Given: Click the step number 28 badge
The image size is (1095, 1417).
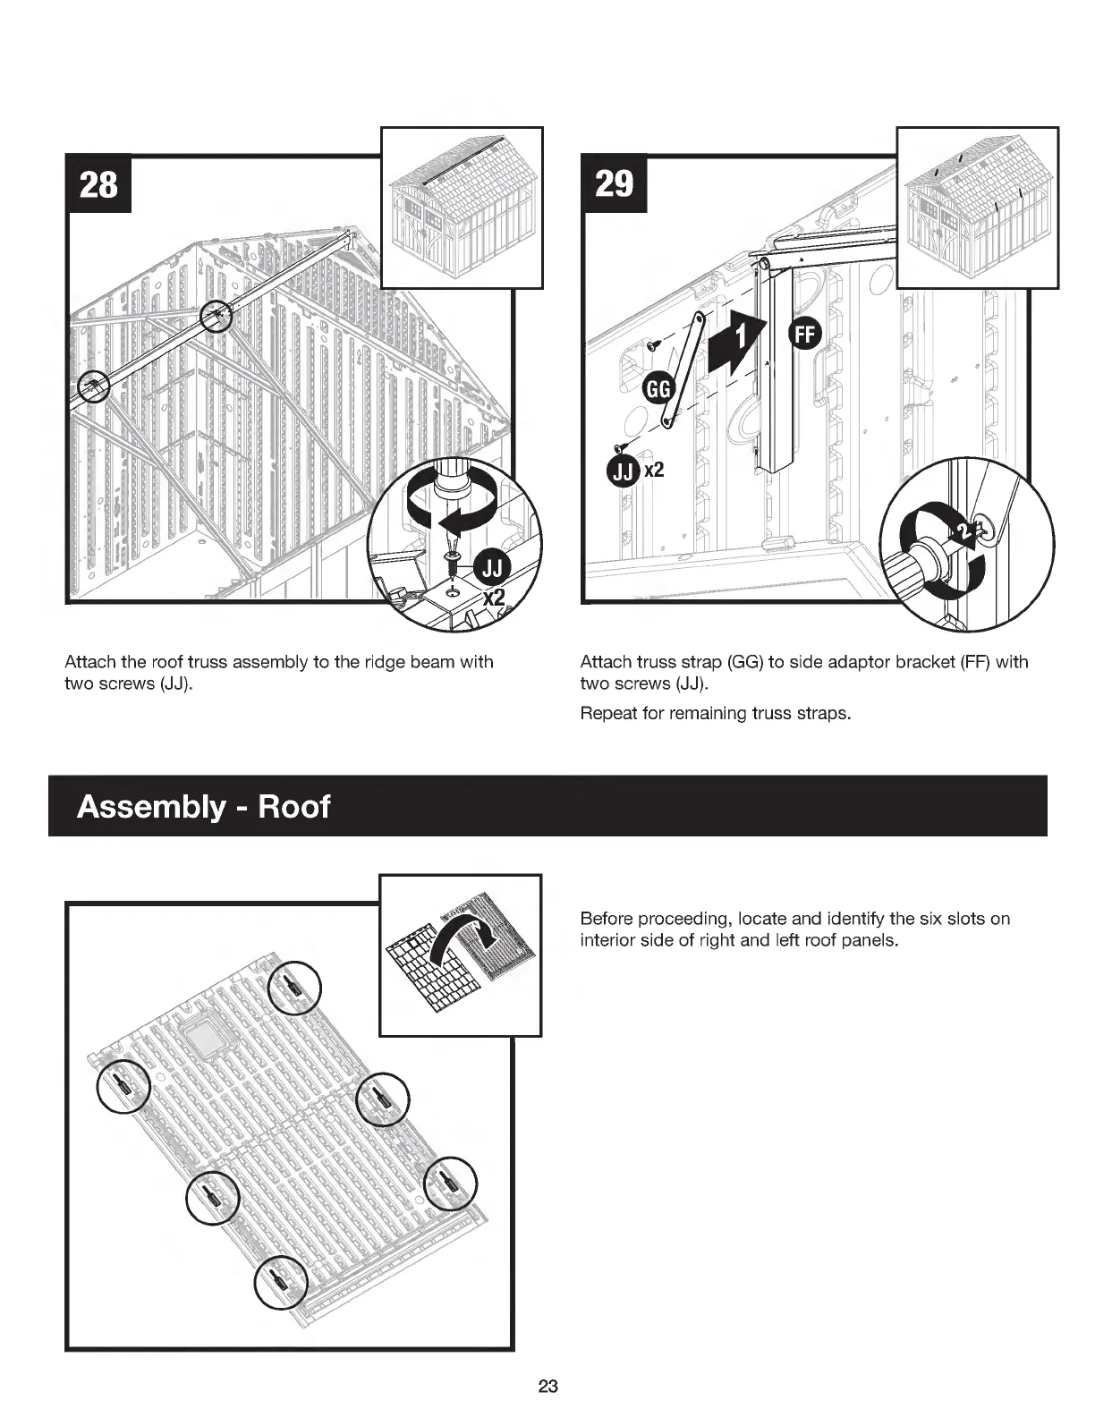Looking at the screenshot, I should pos(98,184).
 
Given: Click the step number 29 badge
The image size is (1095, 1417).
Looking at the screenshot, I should pos(614,184).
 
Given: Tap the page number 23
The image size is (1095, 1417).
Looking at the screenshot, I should pos(547,1387).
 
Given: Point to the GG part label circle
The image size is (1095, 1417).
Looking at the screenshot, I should pos(658,389).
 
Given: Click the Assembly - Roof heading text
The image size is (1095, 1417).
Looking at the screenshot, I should pos(204,807).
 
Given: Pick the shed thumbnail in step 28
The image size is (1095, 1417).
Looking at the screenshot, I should pos(462,208).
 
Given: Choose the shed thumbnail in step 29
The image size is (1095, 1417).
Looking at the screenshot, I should pos(977,208).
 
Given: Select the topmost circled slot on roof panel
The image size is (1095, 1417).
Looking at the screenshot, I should pos(294,988).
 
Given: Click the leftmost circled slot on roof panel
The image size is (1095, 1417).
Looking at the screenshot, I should pos(123,1086).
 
